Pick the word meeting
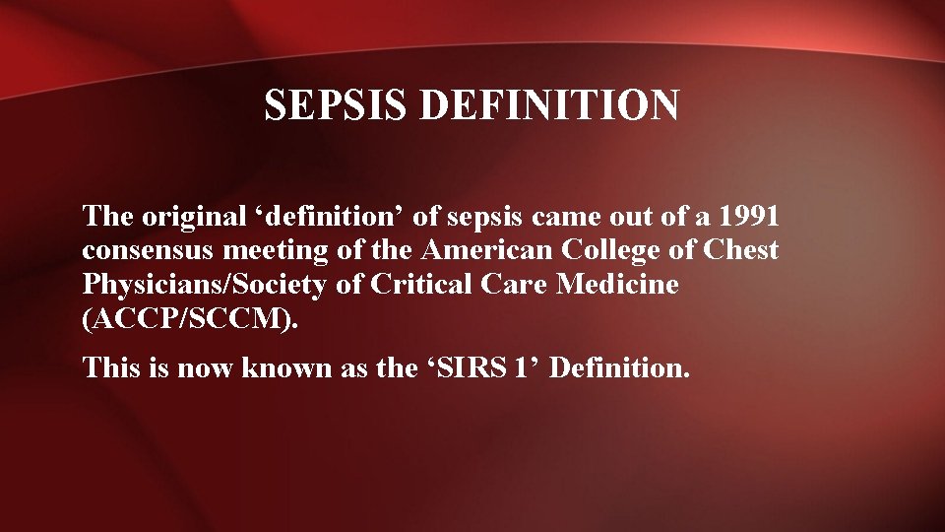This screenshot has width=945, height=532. click(x=285, y=250)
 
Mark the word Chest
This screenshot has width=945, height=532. click(x=741, y=250)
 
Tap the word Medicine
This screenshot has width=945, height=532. click(x=618, y=286)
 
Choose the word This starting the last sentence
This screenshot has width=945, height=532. click(x=110, y=368)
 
